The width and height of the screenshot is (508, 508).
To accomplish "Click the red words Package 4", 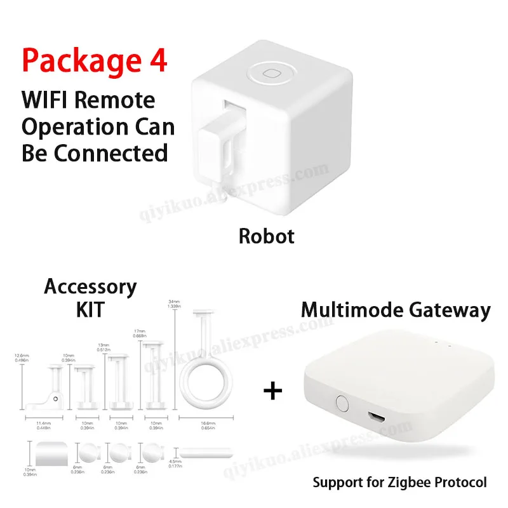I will point(95,61).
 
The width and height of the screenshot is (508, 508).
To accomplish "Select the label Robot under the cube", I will point(266,237).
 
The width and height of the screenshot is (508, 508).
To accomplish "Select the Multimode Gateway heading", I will point(396,311).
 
